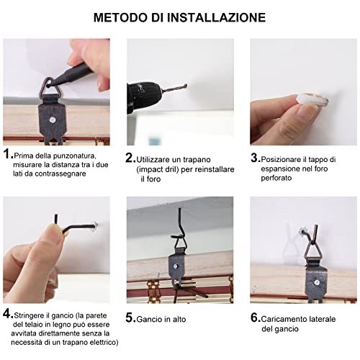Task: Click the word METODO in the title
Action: [x=122, y=17]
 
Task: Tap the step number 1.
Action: [x=7, y=154]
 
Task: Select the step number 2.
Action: [x=130, y=157]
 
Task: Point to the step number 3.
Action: [x=254, y=157]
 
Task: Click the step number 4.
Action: [x=7, y=314]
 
